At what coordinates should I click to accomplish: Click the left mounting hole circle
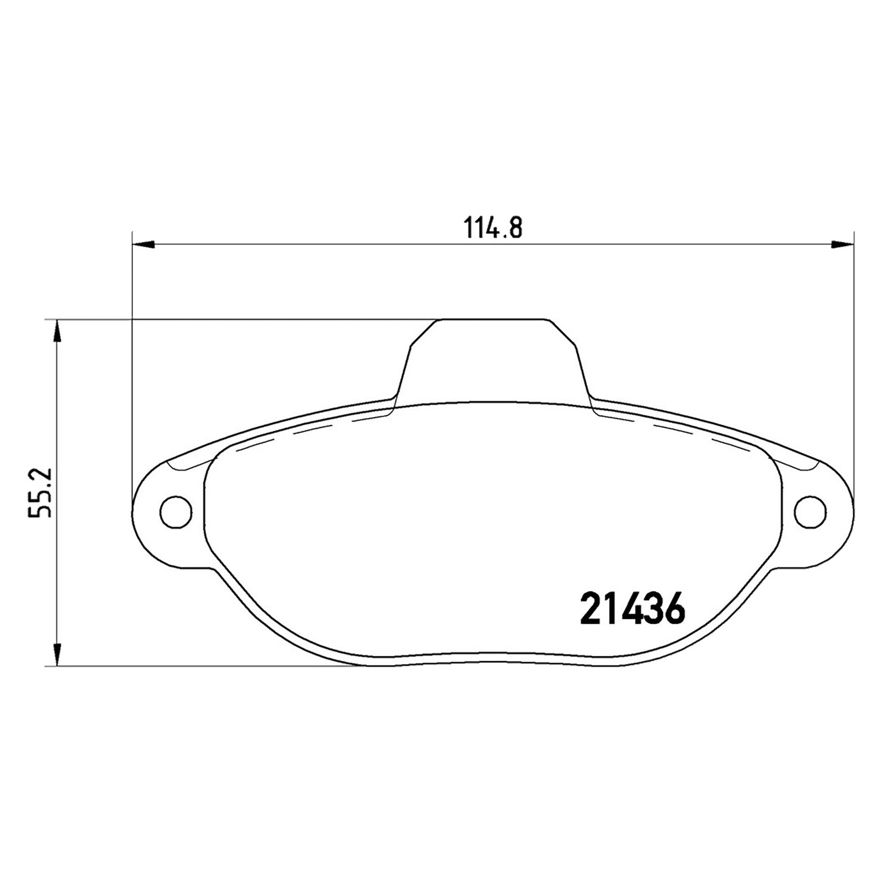[176, 512]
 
